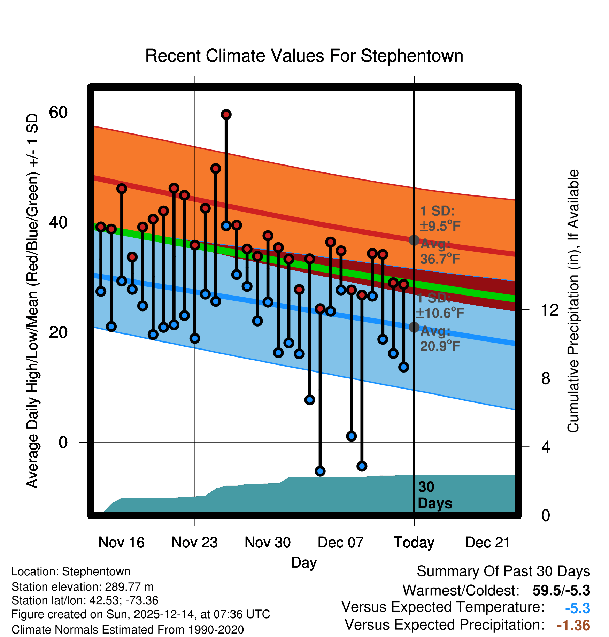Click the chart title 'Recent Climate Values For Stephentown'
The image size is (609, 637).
(x=304, y=56)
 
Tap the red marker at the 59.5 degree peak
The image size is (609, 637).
(x=226, y=114)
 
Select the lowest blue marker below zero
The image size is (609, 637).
(x=320, y=471)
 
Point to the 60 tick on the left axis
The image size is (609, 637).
(x=58, y=112)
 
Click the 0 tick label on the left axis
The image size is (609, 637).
(x=63, y=442)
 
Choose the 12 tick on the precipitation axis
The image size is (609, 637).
(x=550, y=310)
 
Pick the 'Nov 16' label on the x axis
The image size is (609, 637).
(x=121, y=543)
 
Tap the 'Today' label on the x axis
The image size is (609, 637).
(x=414, y=543)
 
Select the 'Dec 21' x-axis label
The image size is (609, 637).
(x=487, y=543)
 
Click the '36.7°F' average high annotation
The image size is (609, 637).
(x=440, y=259)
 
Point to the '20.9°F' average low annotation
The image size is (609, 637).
(x=440, y=346)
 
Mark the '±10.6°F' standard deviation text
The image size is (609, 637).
(x=440, y=313)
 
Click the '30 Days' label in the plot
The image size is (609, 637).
(x=434, y=495)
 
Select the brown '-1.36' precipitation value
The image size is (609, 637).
(x=573, y=626)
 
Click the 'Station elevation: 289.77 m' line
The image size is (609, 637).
(x=82, y=587)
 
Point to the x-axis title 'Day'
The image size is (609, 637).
(x=304, y=562)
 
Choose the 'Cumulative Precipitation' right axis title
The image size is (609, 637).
(x=573, y=301)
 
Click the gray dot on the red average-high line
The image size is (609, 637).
(x=414, y=240)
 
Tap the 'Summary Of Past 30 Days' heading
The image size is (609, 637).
(x=503, y=571)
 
